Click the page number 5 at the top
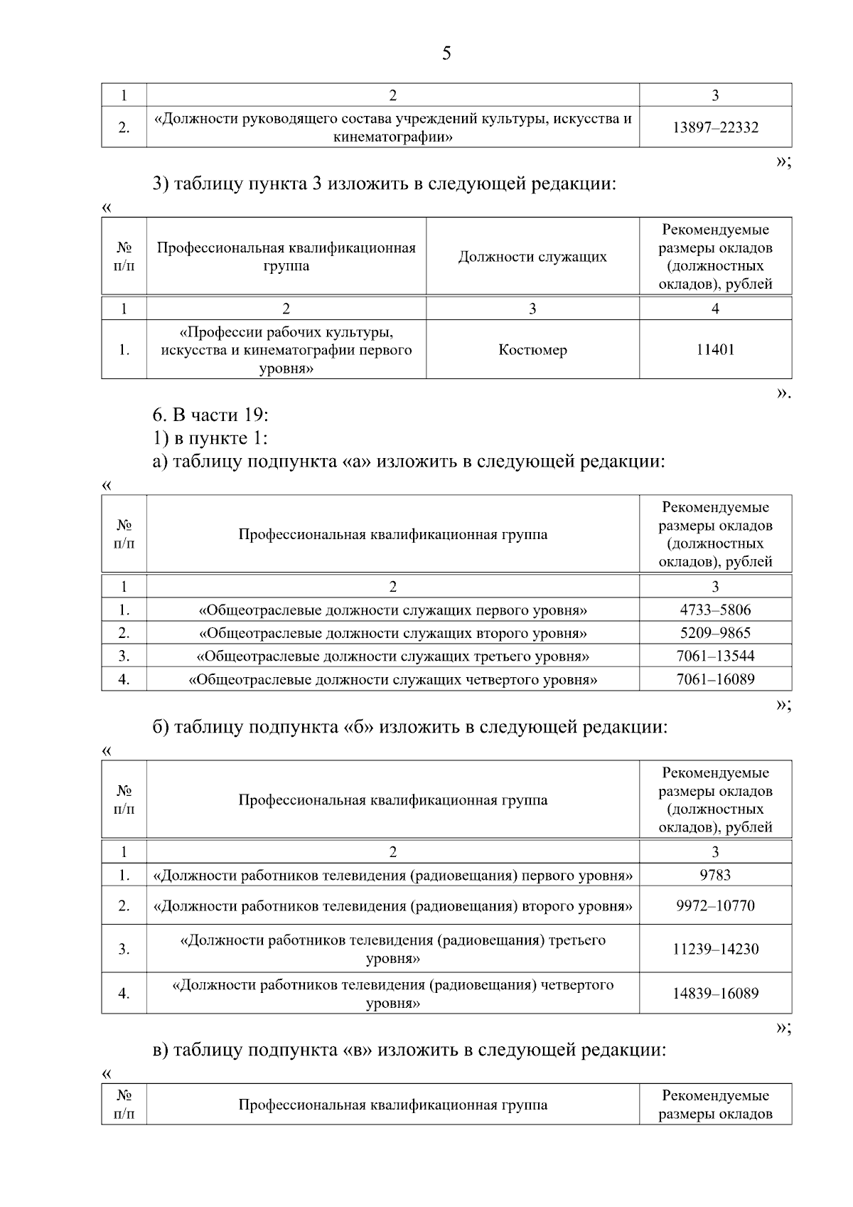pos(446,53)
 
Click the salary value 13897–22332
pos(715,127)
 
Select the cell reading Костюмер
pos(532,350)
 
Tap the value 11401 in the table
pos(715,350)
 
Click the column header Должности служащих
pos(532,257)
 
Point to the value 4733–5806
pos(715,610)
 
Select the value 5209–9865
pos(715,633)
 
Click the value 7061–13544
pos(715,656)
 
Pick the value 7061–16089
pos(715,679)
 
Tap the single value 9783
pos(715,875)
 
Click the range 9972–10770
pos(715,905)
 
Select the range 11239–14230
pos(715,949)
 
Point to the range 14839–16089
pos(715,993)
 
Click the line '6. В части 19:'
pos(210,415)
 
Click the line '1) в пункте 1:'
pos(210,438)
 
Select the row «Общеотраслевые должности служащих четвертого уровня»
pos(392,679)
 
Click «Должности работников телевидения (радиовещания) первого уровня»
pos(392,875)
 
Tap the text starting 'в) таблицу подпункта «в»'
pos(409,1050)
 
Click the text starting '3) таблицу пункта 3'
pos(384,184)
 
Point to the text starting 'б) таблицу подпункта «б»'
pos(410,727)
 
